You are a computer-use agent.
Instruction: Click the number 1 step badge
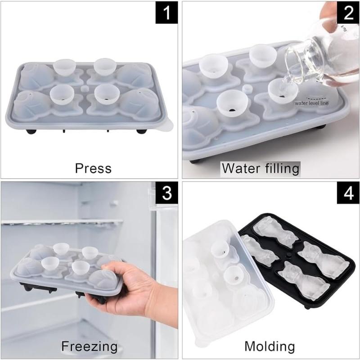pos(167,13)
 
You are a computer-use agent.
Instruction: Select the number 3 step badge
pos(167,194)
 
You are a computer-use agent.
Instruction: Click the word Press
pos(93,168)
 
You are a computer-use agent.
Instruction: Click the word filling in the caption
pos(281,169)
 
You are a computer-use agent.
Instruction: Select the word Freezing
pos(90,346)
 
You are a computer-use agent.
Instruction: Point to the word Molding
pos(270,346)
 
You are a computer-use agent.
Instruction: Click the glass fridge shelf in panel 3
pos(63,223)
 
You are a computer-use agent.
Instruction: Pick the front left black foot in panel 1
pos(31,131)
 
